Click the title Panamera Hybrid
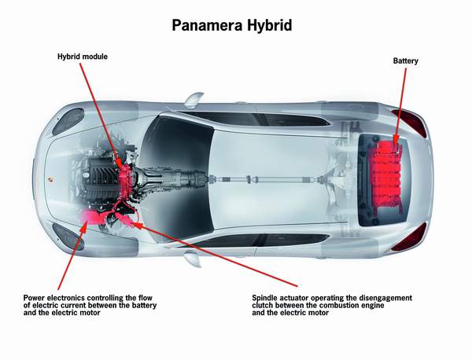point(232,25)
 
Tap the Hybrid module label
point(83,57)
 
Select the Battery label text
point(405,61)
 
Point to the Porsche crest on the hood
point(49,179)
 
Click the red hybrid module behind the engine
point(126,181)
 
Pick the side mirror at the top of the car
point(194,100)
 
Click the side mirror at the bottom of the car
point(193,259)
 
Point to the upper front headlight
point(68,121)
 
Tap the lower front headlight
point(68,237)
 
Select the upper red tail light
point(410,122)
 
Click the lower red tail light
point(410,237)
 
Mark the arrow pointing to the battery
point(400,105)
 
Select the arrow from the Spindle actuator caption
point(215,254)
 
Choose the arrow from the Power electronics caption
point(72,255)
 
